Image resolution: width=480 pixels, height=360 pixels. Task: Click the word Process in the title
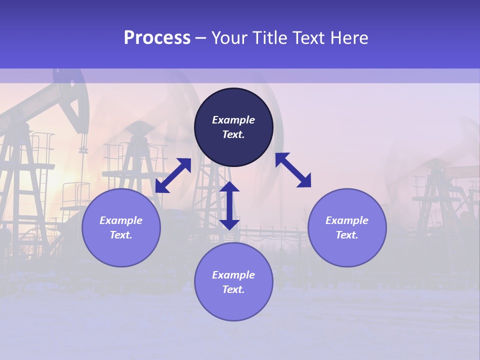(x=157, y=38)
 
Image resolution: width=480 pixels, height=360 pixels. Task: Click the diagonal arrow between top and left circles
(x=173, y=175)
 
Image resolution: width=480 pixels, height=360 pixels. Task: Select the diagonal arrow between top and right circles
(x=293, y=170)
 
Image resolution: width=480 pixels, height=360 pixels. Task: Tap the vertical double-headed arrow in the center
(x=229, y=205)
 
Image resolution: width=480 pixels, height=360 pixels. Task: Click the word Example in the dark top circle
(x=233, y=120)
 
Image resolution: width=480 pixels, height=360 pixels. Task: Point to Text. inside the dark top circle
(x=233, y=134)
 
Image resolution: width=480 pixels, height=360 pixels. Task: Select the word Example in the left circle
(x=121, y=220)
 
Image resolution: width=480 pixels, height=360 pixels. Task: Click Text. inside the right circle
(x=347, y=235)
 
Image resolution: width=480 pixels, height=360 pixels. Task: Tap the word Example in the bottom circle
(x=233, y=275)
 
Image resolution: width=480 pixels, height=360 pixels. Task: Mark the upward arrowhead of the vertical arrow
(x=229, y=187)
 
